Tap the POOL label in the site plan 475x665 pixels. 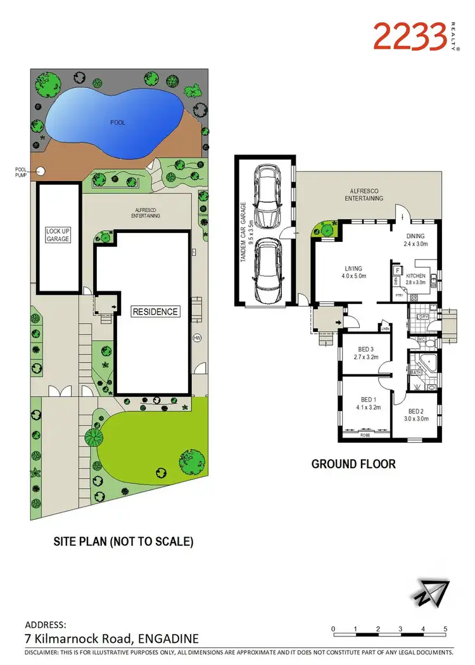click(117, 122)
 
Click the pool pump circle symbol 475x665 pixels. click(41, 170)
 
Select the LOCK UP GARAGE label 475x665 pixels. click(58, 235)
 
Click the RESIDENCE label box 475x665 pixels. click(155, 312)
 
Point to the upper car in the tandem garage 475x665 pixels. click(266, 196)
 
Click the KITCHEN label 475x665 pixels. click(415, 276)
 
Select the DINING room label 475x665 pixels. click(416, 235)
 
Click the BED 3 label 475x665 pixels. click(365, 348)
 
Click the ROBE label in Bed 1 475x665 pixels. click(365, 435)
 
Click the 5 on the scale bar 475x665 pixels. click(446, 629)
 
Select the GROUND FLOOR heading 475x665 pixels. click(353, 464)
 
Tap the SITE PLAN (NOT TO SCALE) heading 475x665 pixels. click(123, 541)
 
